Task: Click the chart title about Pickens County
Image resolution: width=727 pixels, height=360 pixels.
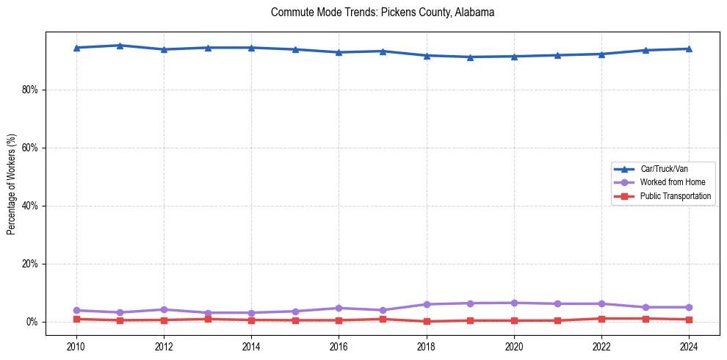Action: [x=383, y=12]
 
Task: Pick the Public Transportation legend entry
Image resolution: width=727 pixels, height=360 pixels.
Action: [x=675, y=196]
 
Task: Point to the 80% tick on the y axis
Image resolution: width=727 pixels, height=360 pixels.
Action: [x=32, y=90]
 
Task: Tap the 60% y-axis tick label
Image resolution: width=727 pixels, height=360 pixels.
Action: [x=32, y=148]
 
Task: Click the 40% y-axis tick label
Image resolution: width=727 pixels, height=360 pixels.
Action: [x=32, y=206]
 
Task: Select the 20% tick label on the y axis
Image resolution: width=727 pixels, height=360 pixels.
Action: [x=32, y=264]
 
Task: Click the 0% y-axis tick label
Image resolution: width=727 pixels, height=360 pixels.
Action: [x=34, y=322]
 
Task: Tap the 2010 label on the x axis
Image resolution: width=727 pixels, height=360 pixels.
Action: [x=76, y=345]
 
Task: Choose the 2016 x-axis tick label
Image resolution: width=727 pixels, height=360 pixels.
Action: [x=339, y=345]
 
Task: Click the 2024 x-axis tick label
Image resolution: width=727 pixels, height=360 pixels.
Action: [x=689, y=345]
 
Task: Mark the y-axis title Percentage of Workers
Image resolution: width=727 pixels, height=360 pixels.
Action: [x=12, y=184]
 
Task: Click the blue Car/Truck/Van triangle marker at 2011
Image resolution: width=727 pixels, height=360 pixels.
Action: [x=120, y=46]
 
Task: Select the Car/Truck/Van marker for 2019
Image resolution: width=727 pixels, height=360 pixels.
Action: [x=470, y=57]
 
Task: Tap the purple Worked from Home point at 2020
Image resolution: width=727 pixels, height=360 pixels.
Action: [x=514, y=303]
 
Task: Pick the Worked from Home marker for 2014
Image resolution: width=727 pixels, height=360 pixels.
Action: [x=251, y=313]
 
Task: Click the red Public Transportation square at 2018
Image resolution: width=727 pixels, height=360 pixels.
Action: [x=427, y=321]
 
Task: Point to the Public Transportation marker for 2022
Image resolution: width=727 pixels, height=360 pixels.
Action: [x=601, y=319]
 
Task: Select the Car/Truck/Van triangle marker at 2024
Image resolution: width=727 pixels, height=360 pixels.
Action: [x=689, y=48]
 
